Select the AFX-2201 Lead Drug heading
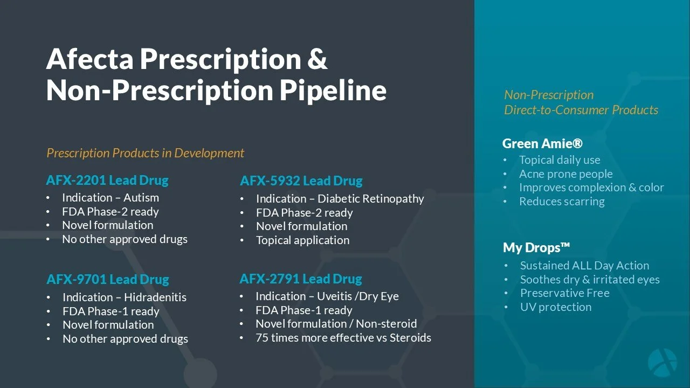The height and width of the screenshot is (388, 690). (x=107, y=180)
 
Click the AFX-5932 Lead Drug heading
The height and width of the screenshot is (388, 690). (x=301, y=181)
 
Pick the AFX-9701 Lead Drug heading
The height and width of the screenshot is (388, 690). (x=108, y=279)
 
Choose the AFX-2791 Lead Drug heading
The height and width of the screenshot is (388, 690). (x=300, y=279)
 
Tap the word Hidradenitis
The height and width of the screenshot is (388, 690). (x=155, y=297)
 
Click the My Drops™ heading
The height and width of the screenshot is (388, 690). (x=536, y=247)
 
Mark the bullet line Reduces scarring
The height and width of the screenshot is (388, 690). (x=562, y=202)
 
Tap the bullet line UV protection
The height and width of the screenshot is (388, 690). (x=555, y=307)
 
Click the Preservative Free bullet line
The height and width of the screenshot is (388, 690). (x=564, y=293)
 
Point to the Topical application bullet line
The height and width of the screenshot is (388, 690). (x=302, y=240)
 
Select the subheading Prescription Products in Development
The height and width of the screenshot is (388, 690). (x=145, y=153)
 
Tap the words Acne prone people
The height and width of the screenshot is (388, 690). (x=565, y=174)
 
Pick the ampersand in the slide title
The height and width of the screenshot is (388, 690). (x=317, y=59)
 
